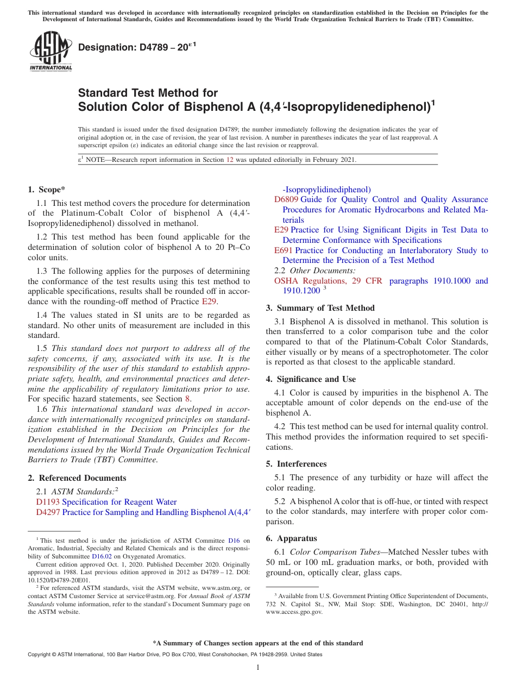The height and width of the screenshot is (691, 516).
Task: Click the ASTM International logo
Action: point(50,52)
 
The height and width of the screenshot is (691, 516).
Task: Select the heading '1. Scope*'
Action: point(46,190)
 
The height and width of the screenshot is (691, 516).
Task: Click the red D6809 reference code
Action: point(286,199)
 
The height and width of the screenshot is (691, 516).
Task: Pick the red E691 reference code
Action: point(284,250)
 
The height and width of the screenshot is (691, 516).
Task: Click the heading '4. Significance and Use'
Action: point(311,379)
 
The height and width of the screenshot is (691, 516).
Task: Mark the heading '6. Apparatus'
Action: point(291,538)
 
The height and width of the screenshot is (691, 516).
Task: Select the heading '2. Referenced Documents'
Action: point(77,478)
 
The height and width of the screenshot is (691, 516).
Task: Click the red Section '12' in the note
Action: point(229,160)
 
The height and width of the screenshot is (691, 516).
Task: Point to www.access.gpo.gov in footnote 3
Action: point(294,612)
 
